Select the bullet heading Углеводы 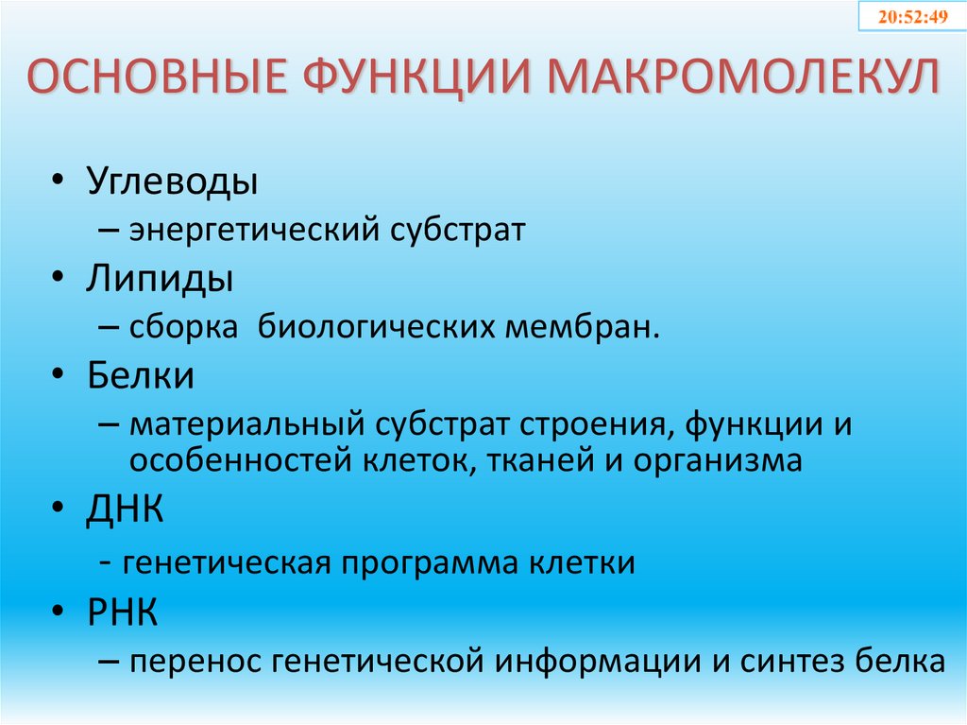tap(173, 181)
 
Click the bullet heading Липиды tap(161, 279)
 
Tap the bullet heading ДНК tap(127, 510)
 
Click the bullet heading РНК tap(124, 613)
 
